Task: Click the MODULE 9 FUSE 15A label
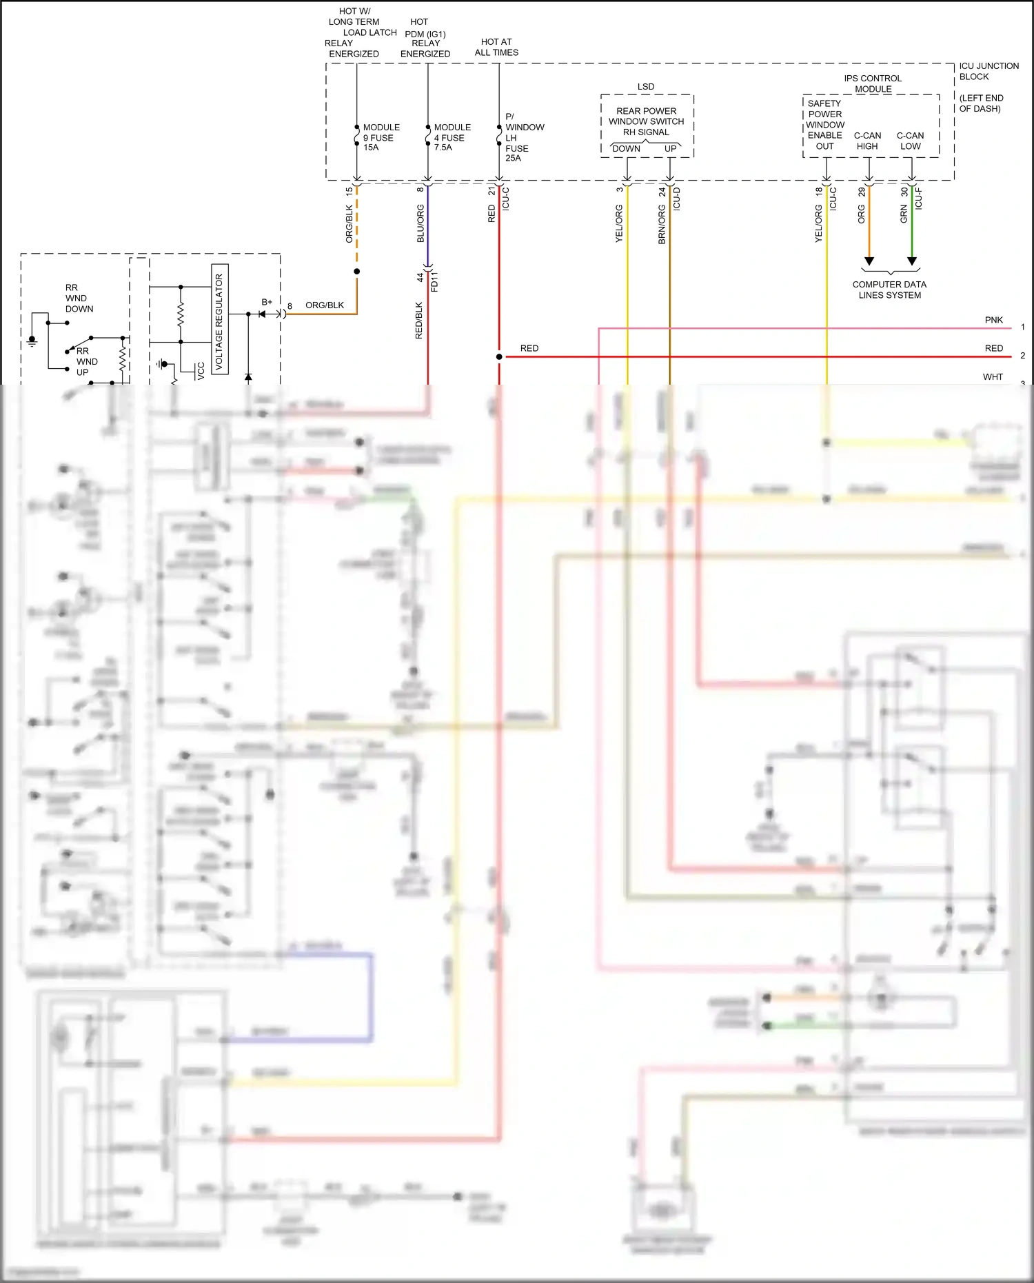pos(380,137)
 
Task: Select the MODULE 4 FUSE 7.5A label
pos(452,137)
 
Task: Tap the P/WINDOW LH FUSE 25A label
pos(523,137)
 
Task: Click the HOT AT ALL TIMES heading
pos(496,47)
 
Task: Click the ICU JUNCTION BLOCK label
pos(988,71)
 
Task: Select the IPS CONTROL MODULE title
pos(873,83)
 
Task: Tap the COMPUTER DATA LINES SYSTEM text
pos(889,290)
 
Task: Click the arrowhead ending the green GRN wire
pos(912,261)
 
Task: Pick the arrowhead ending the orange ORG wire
pos(869,261)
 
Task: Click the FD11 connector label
pos(434,282)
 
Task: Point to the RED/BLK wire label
pos(418,321)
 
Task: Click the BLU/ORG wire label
pos(420,223)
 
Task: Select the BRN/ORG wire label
pos(662,225)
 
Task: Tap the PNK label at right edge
pos(993,320)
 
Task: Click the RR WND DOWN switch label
pos(79,298)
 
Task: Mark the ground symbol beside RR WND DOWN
pos(32,341)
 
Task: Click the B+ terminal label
pos(267,302)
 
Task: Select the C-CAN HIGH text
pos(867,141)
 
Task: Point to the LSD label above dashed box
pos(646,86)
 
